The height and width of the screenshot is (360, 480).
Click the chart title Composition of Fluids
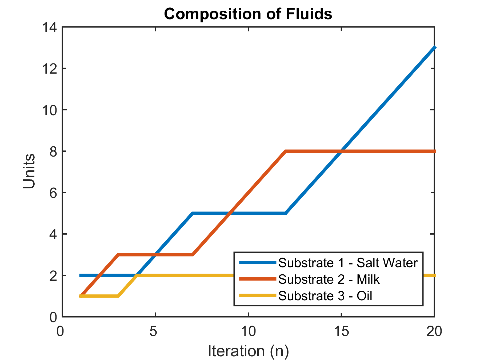click(248, 14)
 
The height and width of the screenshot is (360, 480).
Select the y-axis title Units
click(29, 171)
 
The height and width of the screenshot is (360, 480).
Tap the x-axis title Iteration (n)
click(248, 350)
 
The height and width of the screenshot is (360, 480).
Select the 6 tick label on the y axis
click(53, 193)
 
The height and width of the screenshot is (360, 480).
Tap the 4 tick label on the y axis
click(53, 234)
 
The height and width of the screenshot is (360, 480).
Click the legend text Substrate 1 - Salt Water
click(348, 263)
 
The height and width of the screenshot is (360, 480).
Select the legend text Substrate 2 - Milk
click(329, 279)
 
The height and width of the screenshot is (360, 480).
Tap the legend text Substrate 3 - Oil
click(325, 296)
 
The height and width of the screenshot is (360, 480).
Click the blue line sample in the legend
click(257, 263)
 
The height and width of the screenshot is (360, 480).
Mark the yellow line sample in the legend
click(257, 295)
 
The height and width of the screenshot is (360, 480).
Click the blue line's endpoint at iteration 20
click(434, 48)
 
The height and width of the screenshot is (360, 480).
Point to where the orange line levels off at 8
click(286, 151)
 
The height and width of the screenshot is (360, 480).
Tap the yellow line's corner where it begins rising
click(118, 296)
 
